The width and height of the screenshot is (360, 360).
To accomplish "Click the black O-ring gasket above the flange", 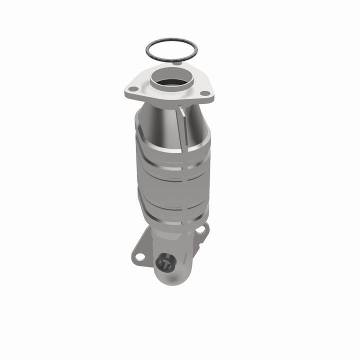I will (171, 40).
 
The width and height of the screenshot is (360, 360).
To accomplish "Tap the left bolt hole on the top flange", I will (133, 89).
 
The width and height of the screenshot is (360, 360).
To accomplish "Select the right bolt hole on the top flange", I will (204, 93).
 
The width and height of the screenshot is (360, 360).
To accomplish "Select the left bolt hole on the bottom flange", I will (140, 256).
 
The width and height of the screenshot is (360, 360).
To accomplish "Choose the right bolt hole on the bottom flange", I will (200, 230).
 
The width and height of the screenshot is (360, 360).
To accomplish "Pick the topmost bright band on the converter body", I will (172, 150).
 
